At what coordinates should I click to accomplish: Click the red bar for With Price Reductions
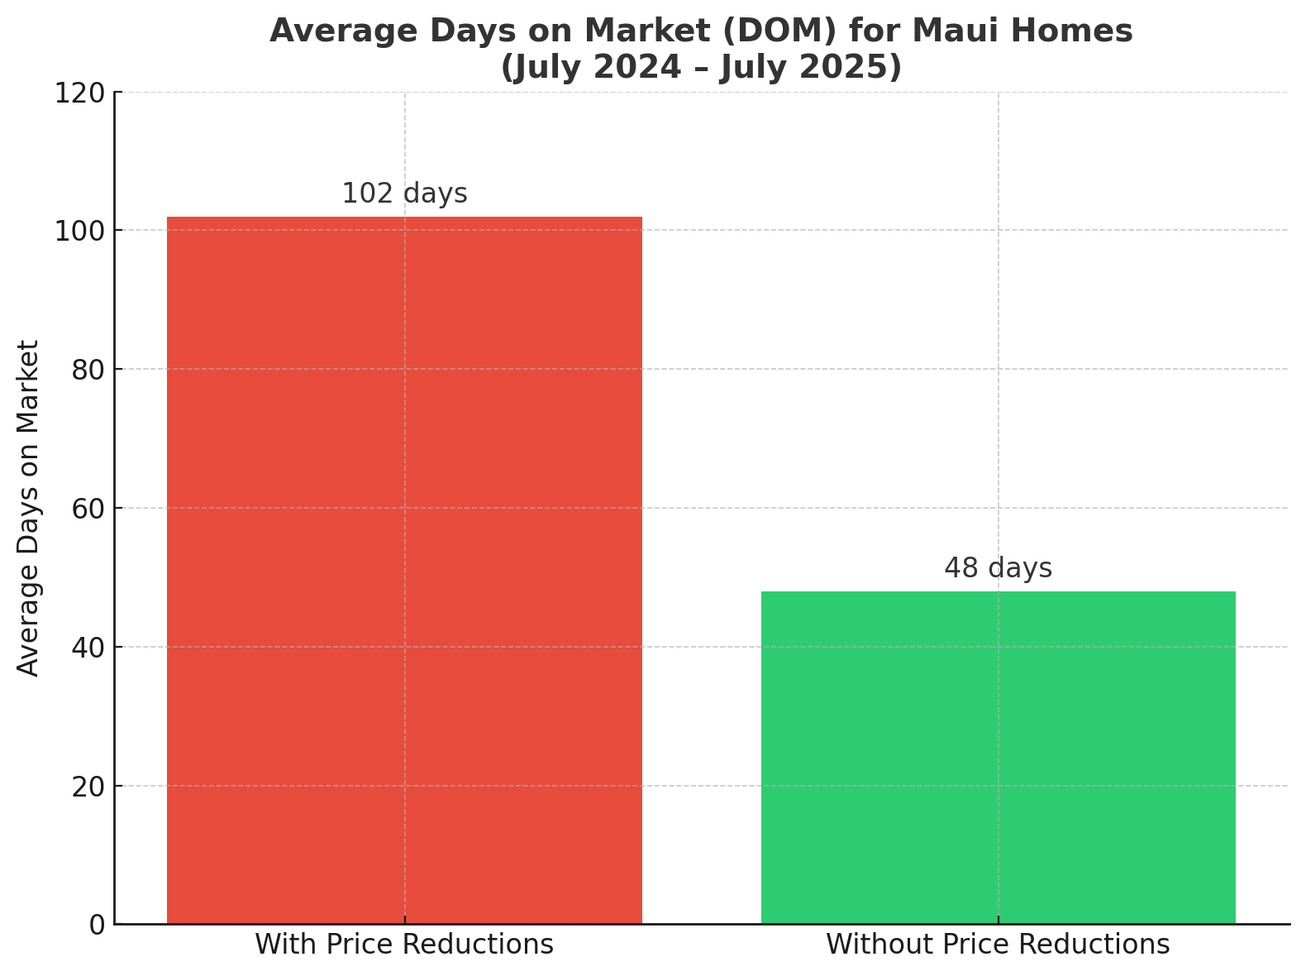coord(404,570)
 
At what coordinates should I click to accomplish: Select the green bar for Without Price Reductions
coord(998,757)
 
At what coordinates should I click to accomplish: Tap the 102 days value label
coord(404,194)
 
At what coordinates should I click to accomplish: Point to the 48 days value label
coord(998,569)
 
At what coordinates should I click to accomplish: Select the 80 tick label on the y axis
coord(88,370)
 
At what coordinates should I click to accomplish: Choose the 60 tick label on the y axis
coord(88,509)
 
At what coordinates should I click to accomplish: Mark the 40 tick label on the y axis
coord(88,648)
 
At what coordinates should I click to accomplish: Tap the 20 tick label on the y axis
coord(88,787)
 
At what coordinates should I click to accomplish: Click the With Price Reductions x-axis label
coord(404,945)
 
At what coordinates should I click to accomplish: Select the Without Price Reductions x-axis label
coord(998,945)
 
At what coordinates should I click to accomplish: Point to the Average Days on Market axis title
coord(29,508)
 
